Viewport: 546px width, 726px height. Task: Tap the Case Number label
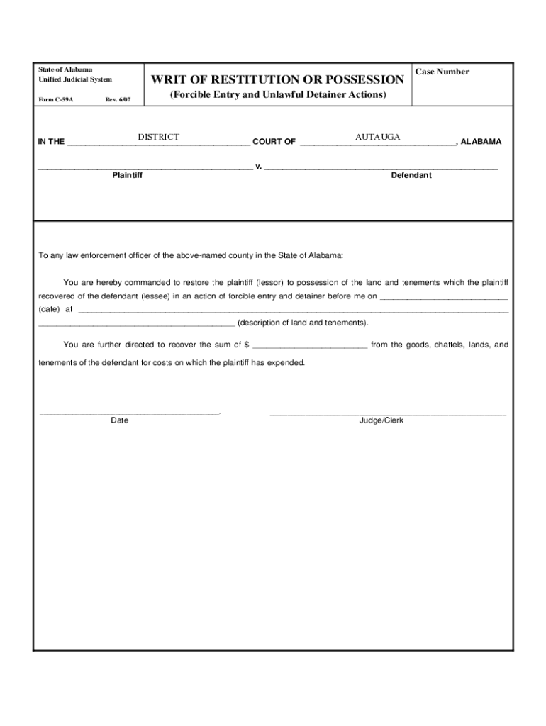(442, 72)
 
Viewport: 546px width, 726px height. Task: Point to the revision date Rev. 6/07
(118, 99)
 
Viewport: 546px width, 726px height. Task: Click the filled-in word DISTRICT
(158, 137)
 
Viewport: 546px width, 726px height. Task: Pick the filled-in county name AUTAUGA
(378, 136)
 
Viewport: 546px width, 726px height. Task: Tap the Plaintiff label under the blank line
(127, 175)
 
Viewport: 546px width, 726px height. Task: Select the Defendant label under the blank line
(411, 175)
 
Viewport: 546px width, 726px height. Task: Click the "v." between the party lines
(259, 166)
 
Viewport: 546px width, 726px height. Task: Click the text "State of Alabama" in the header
(65, 69)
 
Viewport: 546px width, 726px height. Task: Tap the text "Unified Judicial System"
(74, 79)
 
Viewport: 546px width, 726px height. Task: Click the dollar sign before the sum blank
(246, 345)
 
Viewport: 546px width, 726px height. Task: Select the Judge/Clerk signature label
(381, 420)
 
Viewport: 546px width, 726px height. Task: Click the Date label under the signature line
(119, 420)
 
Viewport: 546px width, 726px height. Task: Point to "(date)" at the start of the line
(49, 309)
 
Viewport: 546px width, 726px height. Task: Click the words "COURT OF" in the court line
(274, 142)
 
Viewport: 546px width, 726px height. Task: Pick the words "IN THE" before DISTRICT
(51, 142)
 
